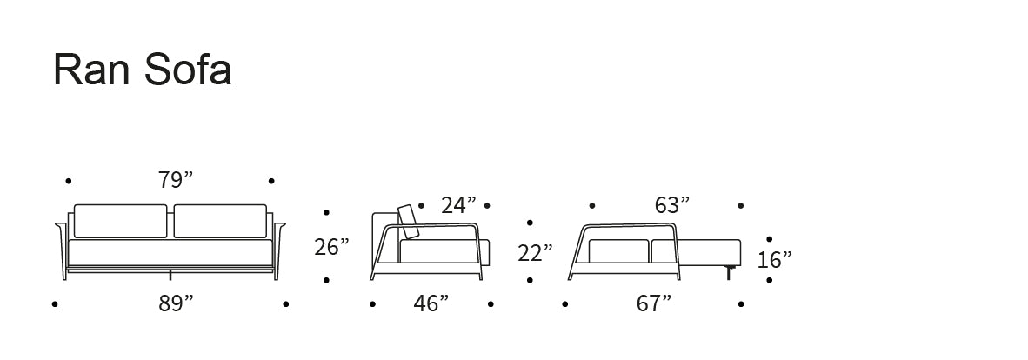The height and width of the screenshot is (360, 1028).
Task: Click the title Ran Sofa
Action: [143, 70]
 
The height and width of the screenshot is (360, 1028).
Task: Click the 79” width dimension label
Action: [176, 181]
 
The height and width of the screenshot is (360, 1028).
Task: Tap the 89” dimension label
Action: [176, 303]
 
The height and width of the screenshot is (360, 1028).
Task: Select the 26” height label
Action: [331, 247]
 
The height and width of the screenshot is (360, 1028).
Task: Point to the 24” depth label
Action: [458, 205]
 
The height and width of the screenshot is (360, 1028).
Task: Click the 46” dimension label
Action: [431, 303]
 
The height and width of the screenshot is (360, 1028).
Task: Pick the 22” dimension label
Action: [535, 253]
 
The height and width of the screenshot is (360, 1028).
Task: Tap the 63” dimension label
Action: [671, 205]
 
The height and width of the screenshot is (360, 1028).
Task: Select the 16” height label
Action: [774, 259]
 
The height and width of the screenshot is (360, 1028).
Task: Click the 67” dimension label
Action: [654, 303]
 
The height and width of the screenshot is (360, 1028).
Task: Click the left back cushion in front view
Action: [120, 222]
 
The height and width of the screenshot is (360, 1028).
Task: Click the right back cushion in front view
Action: [220, 222]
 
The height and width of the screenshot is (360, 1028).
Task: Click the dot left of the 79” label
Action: [69, 181]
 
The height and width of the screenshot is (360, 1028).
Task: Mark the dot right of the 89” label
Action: [285, 304]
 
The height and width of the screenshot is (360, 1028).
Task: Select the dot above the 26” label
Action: [326, 212]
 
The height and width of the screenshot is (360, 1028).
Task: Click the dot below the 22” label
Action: [530, 280]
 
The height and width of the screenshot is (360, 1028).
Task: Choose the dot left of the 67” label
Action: [565, 304]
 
